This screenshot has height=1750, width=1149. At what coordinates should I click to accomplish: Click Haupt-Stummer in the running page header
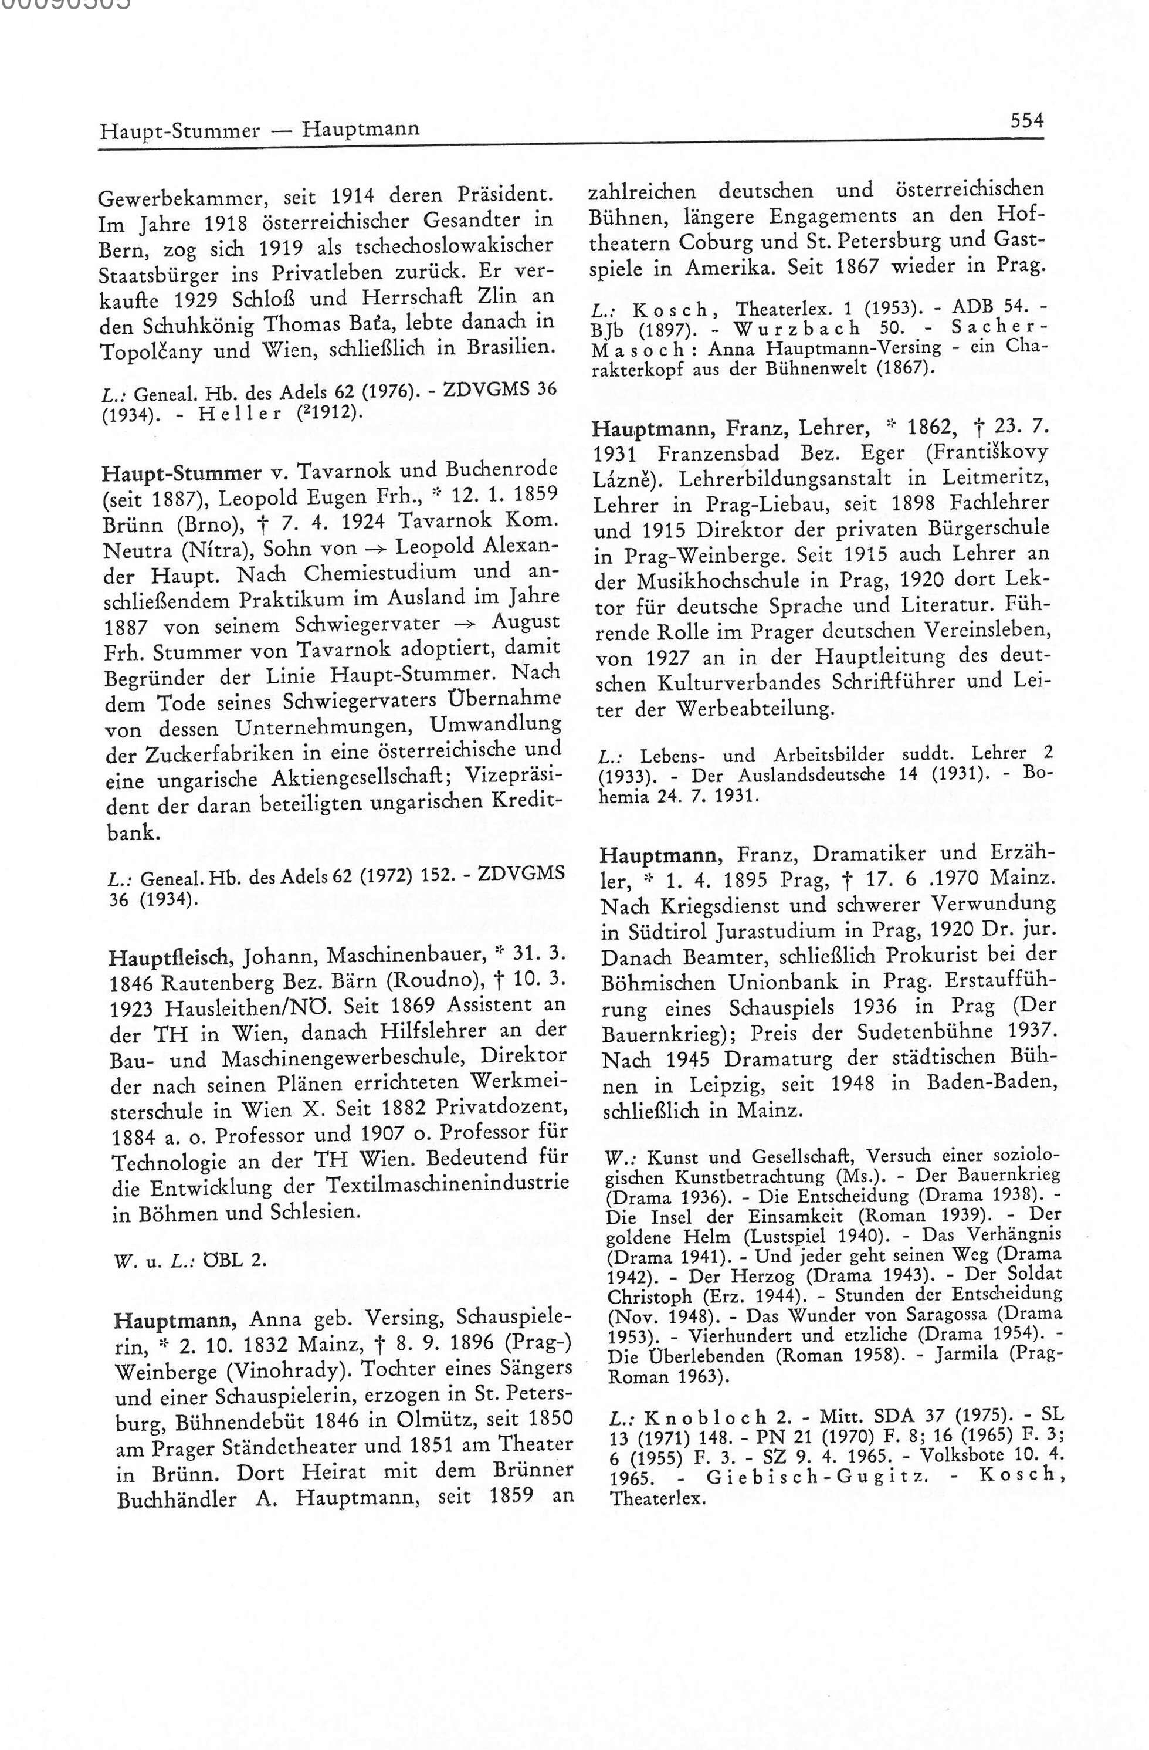[x=179, y=130]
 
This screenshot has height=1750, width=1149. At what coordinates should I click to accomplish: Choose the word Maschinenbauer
[x=404, y=955]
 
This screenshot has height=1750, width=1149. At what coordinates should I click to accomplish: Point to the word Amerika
[x=728, y=268]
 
